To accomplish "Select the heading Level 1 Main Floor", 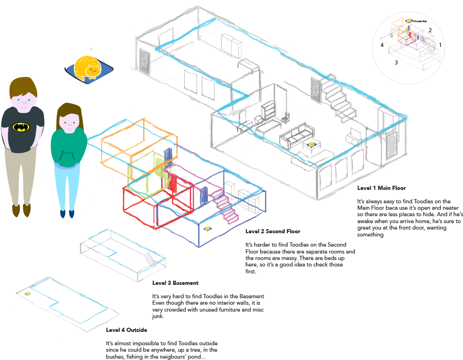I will tap(381, 188).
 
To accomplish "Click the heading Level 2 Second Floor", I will tap(273, 231).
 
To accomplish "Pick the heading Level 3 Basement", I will tap(175, 283).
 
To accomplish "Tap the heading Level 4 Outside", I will tap(126, 330).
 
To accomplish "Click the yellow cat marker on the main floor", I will tap(312, 145).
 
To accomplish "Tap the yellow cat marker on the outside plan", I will tap(28, 293).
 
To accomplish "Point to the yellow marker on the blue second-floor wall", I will tap(208, 228).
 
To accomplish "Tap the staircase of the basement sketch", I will tap(149, 259).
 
